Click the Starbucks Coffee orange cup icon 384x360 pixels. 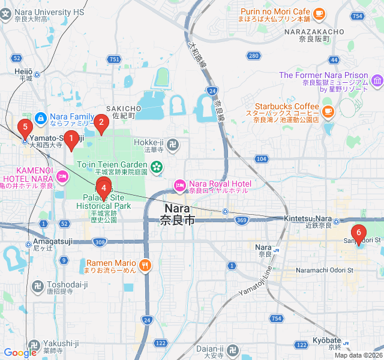[x=328, y=111]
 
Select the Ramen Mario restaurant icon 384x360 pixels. [x=145, y=264]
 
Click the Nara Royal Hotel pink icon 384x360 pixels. [x=179, y=184]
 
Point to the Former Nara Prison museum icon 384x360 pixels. [x=376, y=80]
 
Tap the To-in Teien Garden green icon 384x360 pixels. [x=156, y=166]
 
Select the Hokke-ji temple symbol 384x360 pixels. [x=173, y=144]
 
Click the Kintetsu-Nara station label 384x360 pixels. [x=308, y=218]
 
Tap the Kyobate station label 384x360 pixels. [x=327, y=340]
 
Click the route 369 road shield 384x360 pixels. [x=241, y=221]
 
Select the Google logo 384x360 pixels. [x=20, y=353]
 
